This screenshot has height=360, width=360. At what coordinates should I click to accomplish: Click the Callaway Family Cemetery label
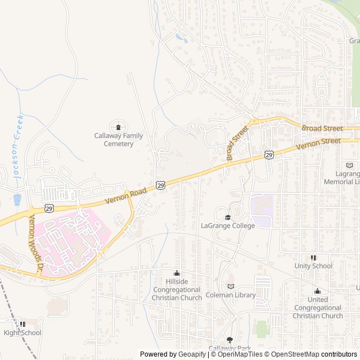[118, 139]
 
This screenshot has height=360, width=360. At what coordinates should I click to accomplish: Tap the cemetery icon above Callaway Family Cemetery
[118, 126]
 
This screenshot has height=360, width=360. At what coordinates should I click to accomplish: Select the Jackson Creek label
[19, 146]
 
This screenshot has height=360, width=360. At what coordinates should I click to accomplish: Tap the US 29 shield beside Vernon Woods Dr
[50, 208]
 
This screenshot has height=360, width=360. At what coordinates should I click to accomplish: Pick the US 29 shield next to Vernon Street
[269, 155]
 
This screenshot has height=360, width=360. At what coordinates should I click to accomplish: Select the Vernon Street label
[318, 142]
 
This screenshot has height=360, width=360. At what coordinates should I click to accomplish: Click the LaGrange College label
[228, 226]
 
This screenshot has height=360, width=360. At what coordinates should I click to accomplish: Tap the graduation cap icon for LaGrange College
[228, 217]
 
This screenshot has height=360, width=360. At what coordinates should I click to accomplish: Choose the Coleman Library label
[231, 295]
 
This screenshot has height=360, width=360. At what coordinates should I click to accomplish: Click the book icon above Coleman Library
[231, 286]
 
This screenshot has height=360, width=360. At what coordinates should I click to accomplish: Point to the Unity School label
[313, 265]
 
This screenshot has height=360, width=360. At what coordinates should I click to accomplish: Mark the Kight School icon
[22, 324]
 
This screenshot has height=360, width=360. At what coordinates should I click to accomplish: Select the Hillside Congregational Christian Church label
[177, 289]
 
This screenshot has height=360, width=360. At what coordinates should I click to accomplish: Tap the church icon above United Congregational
[318, 291]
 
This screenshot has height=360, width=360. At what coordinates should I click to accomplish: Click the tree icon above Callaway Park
[229, 340]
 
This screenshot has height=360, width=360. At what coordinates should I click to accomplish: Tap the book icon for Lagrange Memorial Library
[349, 165]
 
